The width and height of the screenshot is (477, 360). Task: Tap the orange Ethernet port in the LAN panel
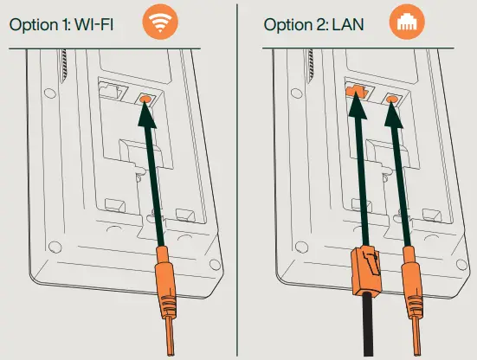point(351,93)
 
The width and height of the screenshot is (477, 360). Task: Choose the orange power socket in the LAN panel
point(393,100)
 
